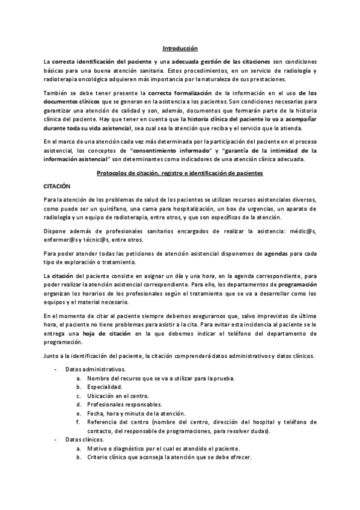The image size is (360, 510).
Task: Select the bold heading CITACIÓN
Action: coord(57,187)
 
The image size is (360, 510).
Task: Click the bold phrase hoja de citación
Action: coord(107,333)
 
